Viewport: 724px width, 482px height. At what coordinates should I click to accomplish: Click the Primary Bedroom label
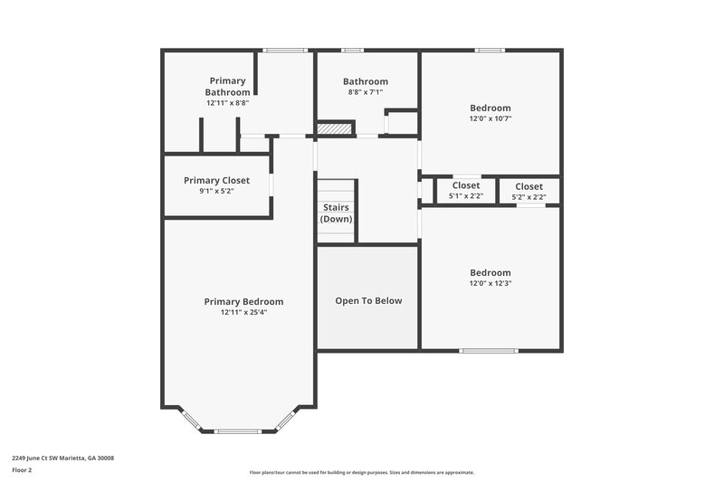point(243,302)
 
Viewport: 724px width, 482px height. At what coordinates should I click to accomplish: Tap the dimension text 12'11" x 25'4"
point(243,313)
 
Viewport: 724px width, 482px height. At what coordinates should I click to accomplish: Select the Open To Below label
point(368,301)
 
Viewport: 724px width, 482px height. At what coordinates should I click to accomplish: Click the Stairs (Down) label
point(337,213)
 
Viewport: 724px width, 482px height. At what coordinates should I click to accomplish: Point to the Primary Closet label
point(216,181)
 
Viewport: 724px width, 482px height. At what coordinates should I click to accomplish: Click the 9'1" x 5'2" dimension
point(216,192)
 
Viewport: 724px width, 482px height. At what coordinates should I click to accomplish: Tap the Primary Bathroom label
point(227,87)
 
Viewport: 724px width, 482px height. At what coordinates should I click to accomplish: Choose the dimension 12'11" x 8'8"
point(227,103)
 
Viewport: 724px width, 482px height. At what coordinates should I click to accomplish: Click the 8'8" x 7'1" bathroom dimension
point(366,92)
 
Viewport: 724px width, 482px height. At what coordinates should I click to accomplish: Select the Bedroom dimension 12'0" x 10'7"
point(491,118)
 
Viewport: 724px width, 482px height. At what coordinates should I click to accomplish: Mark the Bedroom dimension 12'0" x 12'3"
point(491,284)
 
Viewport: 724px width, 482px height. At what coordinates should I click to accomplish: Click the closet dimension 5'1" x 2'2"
point(466,196)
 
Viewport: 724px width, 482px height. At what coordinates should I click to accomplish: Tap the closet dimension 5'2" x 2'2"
point(529,196)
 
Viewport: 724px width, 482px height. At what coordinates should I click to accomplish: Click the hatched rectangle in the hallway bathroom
point(333,129)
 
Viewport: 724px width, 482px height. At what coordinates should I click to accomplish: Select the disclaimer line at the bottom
point(362,472)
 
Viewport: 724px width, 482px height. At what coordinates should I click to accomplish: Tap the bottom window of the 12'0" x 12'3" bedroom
point(489,351)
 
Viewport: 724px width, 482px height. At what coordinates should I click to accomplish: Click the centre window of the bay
point(239,430)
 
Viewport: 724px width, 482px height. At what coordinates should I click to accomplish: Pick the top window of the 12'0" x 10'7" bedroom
point(490,51)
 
